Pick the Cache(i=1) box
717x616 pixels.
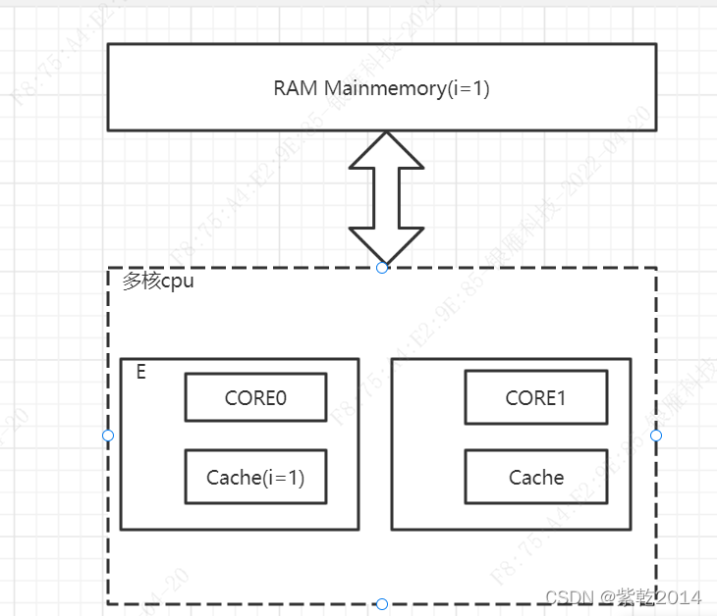pyautogui.click(x=255, y=478)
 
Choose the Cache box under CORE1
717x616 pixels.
pyautogui.click(x=535, y=478)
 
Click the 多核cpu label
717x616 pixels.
pyautogui.click(x=158, y=282)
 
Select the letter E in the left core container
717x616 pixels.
pyautogui.click(x=141, y=373)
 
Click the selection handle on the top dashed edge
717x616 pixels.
pyautogui.click(x=382, y=267)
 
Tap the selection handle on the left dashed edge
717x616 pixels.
pyautogui.click(x=108, y=436)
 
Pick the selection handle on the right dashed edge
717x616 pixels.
pyautogui.click(x=656, y=436)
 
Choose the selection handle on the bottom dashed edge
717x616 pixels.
pyautogui.click(x=382, y=603)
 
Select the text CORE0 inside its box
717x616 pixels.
pyautogui.click(x=255, y=398)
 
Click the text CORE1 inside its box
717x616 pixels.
pyautogui.click(x=535, y=398)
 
